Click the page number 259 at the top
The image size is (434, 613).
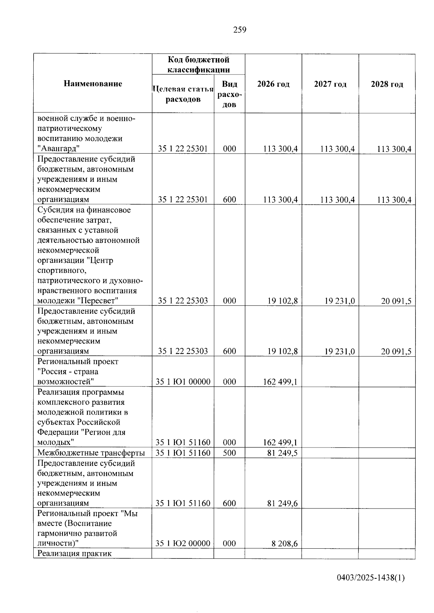click(239, 30)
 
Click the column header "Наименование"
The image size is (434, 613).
click(93, 84)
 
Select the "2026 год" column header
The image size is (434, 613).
click(273, 84)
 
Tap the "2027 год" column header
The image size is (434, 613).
click(330, 84)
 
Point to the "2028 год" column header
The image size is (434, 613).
click(387, 84)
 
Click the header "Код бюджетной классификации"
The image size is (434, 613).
click(198, 64)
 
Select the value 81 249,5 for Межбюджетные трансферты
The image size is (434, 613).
click(282, 453)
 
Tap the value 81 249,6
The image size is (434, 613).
click(282, 503)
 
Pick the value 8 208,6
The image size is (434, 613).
click(285, 543)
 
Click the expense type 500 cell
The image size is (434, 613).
click(229, 453)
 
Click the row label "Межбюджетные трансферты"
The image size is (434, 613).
click(91, 453)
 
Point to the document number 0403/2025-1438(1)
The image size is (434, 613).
click(370, 578)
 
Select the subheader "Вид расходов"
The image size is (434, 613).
click(229, 94)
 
